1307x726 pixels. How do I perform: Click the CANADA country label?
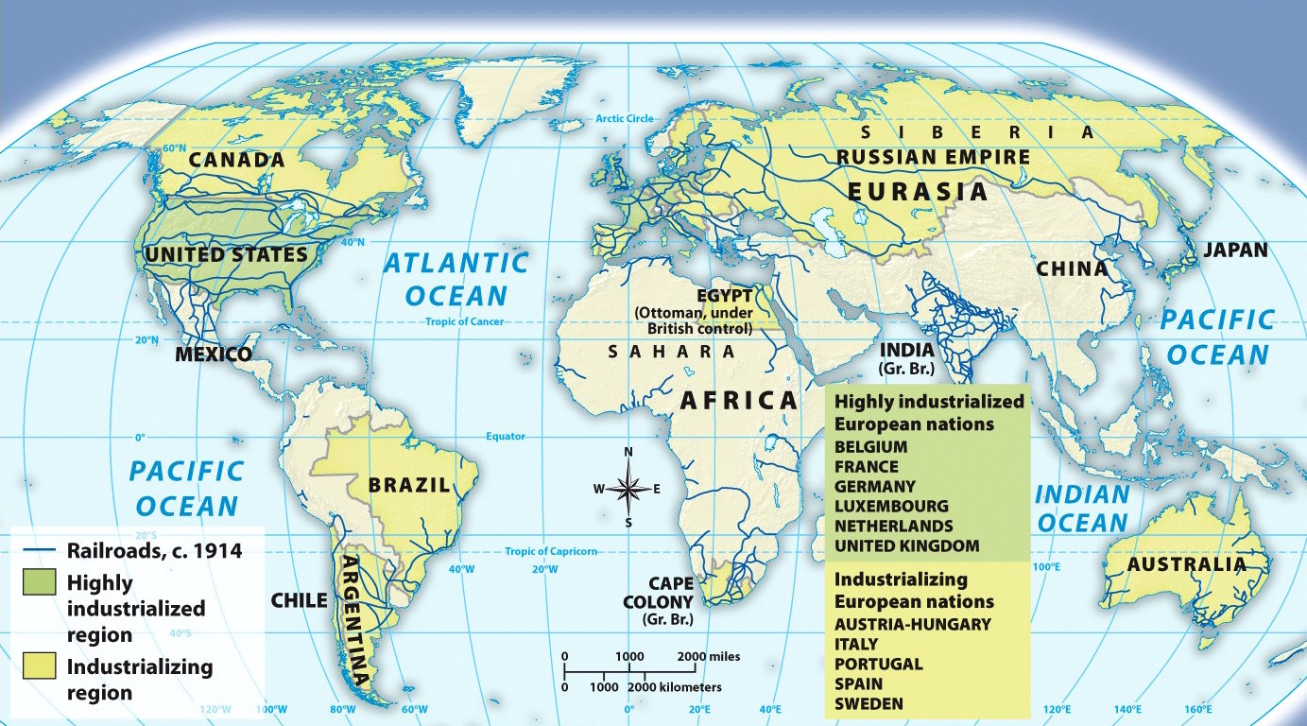[236, 160]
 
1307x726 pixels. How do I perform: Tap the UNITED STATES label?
[226, 255]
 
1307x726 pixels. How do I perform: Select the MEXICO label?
[214, 355]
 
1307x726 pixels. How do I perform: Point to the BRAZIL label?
[409, 486]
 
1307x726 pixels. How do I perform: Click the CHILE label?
[299, 600]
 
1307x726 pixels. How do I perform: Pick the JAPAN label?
[1235, 251]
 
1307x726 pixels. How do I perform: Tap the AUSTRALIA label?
[1186, 565]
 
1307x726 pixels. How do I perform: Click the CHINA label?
[1072, 269]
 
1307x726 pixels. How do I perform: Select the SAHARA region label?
[671, 352]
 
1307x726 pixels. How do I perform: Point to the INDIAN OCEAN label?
[1082, 509]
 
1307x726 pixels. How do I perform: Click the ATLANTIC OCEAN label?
[456, 279]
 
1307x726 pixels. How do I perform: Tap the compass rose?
[628, 488]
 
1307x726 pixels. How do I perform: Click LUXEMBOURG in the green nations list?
[891, 507]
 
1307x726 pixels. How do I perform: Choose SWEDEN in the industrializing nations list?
[868, 703]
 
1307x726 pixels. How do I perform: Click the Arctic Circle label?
[624, 118]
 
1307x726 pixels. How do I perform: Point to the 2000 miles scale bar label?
[709, 656]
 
